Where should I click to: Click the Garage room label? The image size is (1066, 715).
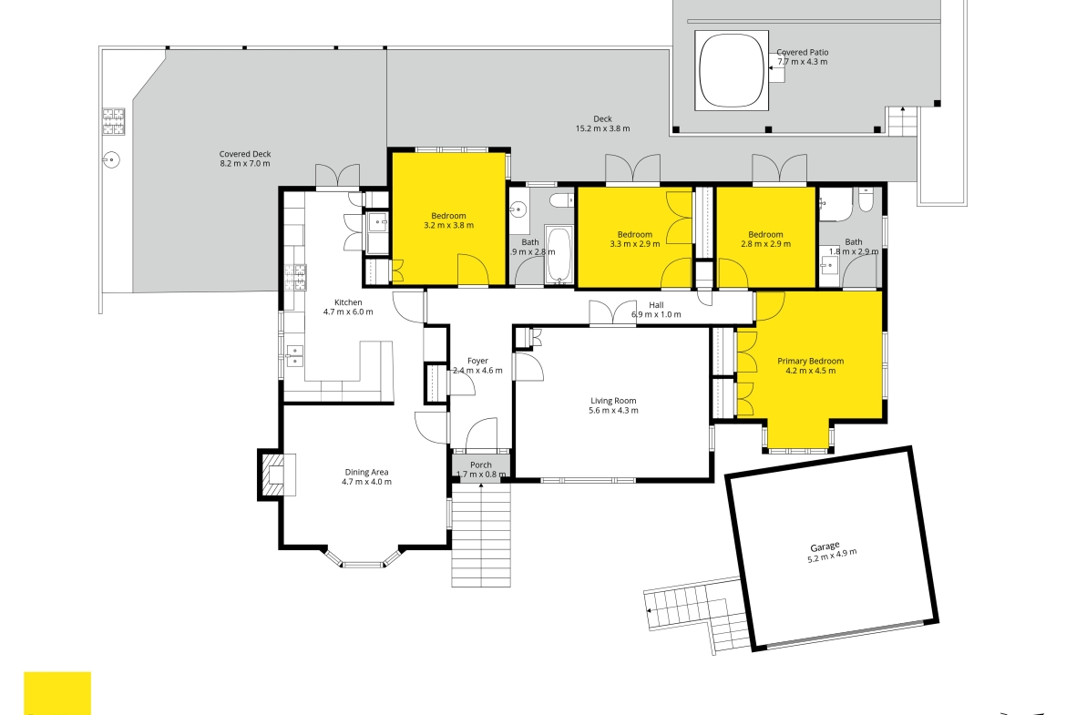coord(825,547)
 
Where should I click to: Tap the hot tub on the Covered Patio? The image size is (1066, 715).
coord(732,70)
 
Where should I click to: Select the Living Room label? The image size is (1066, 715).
coord(613,401)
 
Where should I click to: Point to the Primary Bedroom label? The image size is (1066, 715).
coord(810,361)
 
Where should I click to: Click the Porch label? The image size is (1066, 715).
coord(481,465)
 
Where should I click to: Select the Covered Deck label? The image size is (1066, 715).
coord(245,154)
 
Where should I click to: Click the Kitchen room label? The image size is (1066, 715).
coord(348,302)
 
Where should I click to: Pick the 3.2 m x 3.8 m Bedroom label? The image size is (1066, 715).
coord(448,216)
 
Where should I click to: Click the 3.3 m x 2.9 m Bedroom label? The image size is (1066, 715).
coord(635,234)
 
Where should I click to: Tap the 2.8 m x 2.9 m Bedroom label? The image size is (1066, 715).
coord(765,234)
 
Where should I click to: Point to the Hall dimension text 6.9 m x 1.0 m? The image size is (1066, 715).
coord(656,314)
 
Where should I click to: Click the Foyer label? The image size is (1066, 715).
coord(478,361)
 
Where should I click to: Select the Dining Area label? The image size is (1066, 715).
coord(366,473)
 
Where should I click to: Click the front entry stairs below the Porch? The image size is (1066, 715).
coord(481,535)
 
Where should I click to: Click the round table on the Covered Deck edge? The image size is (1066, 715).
coord(111,160)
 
